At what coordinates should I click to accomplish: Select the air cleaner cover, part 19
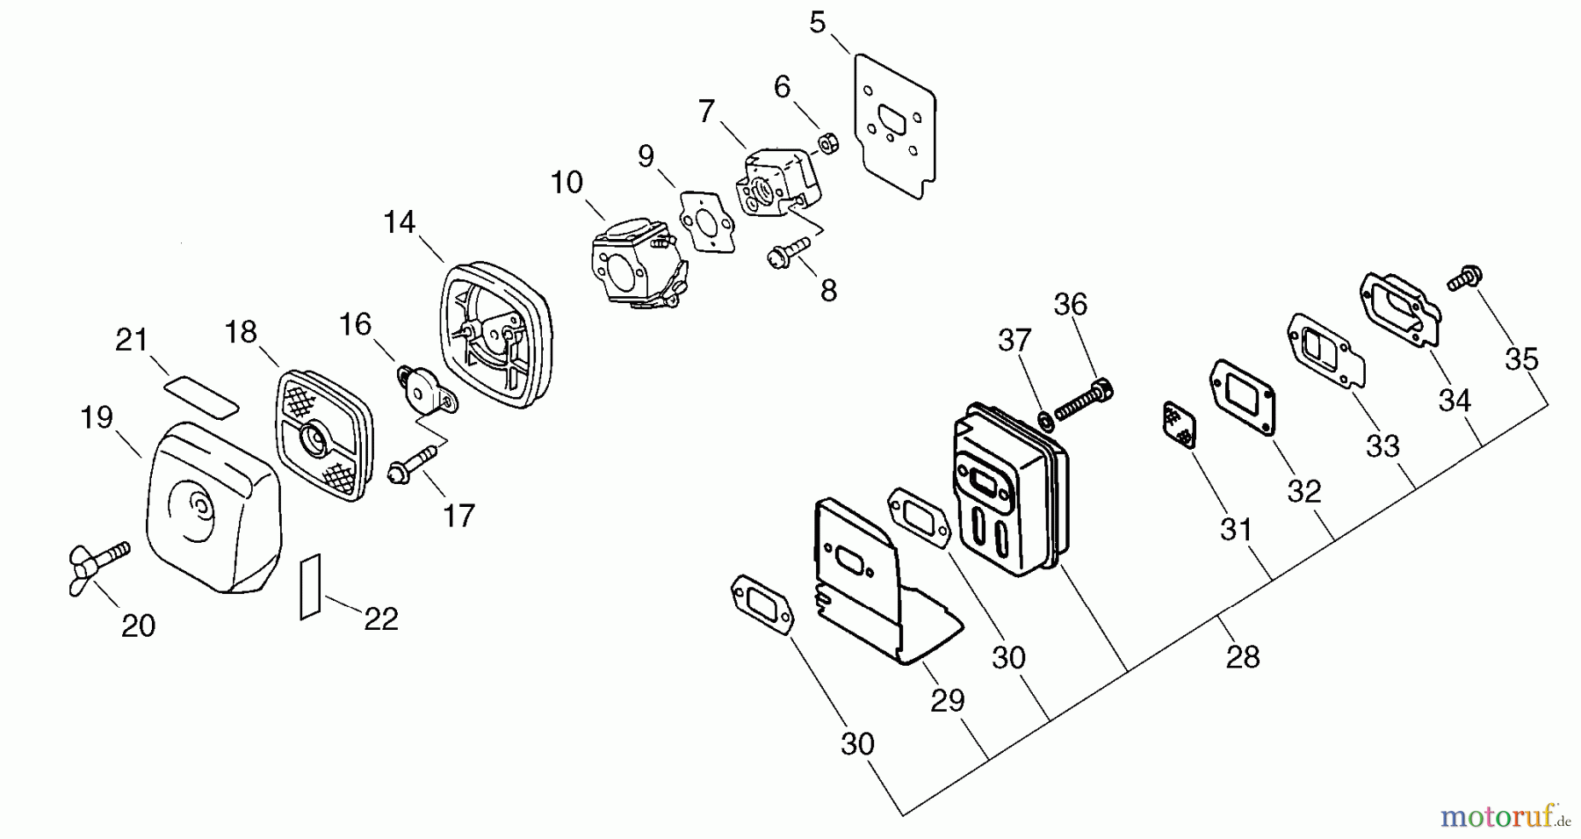211,510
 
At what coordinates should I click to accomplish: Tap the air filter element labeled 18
325,435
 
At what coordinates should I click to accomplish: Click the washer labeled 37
1045,420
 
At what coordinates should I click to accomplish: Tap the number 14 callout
399,222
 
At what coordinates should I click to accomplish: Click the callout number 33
1382,446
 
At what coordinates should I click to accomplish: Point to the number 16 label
355,324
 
